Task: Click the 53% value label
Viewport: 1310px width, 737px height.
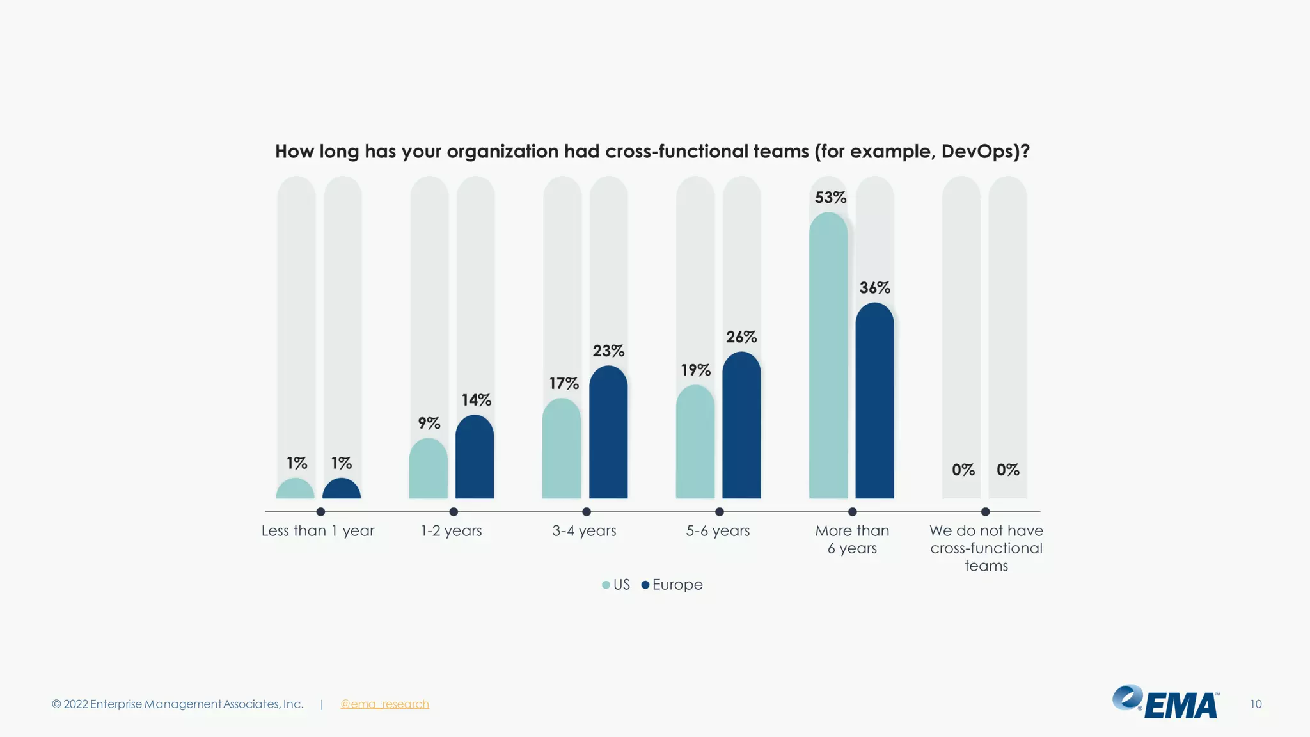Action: (830, 198)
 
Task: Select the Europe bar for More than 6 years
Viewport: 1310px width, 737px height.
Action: (874, 403)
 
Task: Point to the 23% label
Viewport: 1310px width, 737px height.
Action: (608, 351)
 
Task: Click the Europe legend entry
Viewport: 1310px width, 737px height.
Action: (672, 585)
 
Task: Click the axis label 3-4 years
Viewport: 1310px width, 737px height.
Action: (584, 531)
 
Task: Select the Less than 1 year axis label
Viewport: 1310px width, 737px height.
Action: (318, 531)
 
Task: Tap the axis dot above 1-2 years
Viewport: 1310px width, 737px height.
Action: (454, 512)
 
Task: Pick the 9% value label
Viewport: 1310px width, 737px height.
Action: (429, 424)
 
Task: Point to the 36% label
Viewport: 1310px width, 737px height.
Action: (874, 288)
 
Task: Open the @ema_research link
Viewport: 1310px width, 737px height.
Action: (384, 704)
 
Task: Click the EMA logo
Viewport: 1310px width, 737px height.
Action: (1166, 702)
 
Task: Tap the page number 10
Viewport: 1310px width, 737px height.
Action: (1256, 704)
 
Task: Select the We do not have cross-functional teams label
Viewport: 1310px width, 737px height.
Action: (986, 548)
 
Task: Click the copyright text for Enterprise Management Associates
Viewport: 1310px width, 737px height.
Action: (178, 704)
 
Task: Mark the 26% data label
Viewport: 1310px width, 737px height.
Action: (741, 337)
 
